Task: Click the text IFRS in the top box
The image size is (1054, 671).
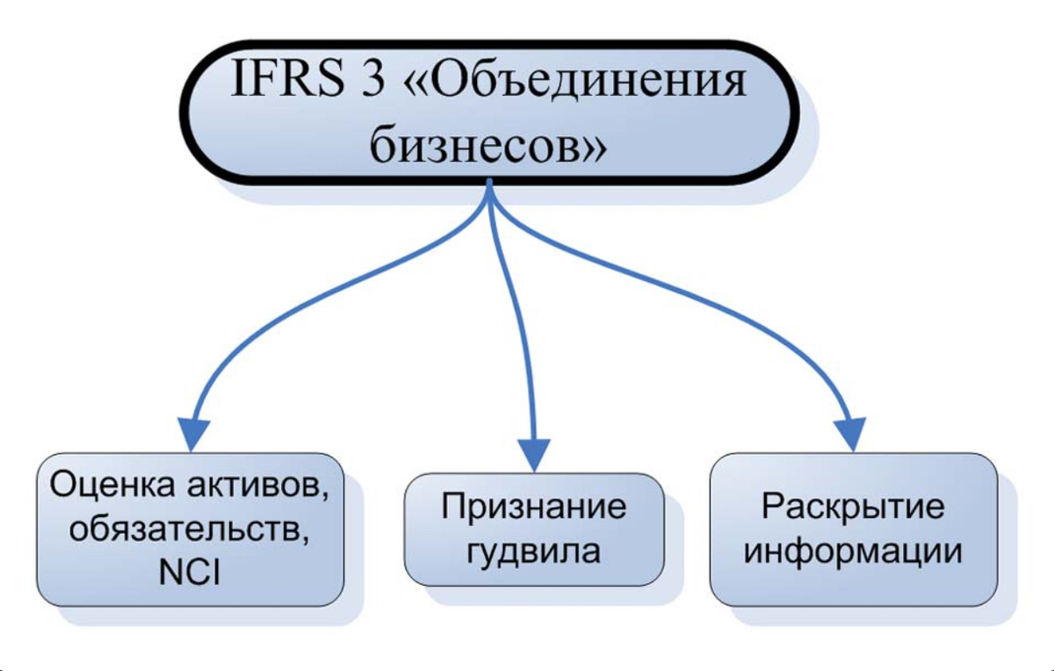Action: click(x=287, y=81)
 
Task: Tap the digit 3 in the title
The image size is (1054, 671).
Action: click(x=373, y=81)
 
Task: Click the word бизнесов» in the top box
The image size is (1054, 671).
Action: click(x=488, y=144)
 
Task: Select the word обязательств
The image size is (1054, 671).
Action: click(x=189, y=530)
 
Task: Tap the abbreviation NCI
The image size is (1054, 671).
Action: click(x=190, y=573)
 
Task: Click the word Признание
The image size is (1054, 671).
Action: click(x=534, y=508)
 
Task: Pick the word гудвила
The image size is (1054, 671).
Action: click(x=533, y=551)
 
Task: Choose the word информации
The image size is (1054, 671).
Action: click(x=853, y=551)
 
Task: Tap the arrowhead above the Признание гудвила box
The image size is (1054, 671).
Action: click(x=534, y=455)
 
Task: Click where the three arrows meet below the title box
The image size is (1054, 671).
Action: click(x=489, y=188)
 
